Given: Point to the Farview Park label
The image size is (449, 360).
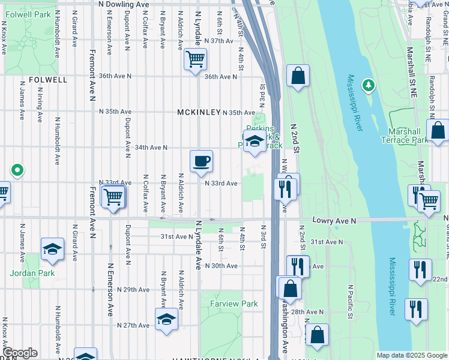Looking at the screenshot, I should tap(234, 304).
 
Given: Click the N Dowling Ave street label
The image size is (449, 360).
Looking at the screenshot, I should tap(124, 4).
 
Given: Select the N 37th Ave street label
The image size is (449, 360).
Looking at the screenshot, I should tap(218, 41).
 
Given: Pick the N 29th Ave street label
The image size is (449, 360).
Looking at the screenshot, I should tap(133, 289).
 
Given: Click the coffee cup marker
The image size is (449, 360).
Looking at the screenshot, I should tap(201, 161).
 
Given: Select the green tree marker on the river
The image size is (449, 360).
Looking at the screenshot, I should tap(368, 86).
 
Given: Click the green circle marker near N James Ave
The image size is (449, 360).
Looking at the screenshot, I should tap(17, 170).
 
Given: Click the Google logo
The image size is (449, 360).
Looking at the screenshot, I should tap(19, 353).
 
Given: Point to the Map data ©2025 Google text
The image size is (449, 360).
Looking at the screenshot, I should tap(411, 355).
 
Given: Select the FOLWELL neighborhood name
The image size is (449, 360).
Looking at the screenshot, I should tap(47, 79).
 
